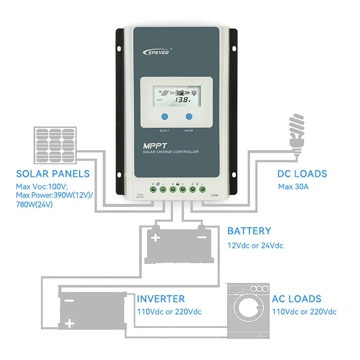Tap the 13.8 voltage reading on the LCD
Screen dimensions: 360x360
(182, 100)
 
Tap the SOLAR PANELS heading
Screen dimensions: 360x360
(53, 174)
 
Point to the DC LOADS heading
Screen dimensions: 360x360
(302, 174)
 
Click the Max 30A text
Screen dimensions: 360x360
(293, 186)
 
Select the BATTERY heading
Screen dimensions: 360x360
(249, 231)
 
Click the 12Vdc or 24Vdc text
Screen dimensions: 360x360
(255, 246)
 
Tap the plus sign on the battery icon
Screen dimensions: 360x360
(155, 237)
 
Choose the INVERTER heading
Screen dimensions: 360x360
(161, 299)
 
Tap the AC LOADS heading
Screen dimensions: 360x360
(297, 299)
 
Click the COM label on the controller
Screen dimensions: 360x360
(214, 195)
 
